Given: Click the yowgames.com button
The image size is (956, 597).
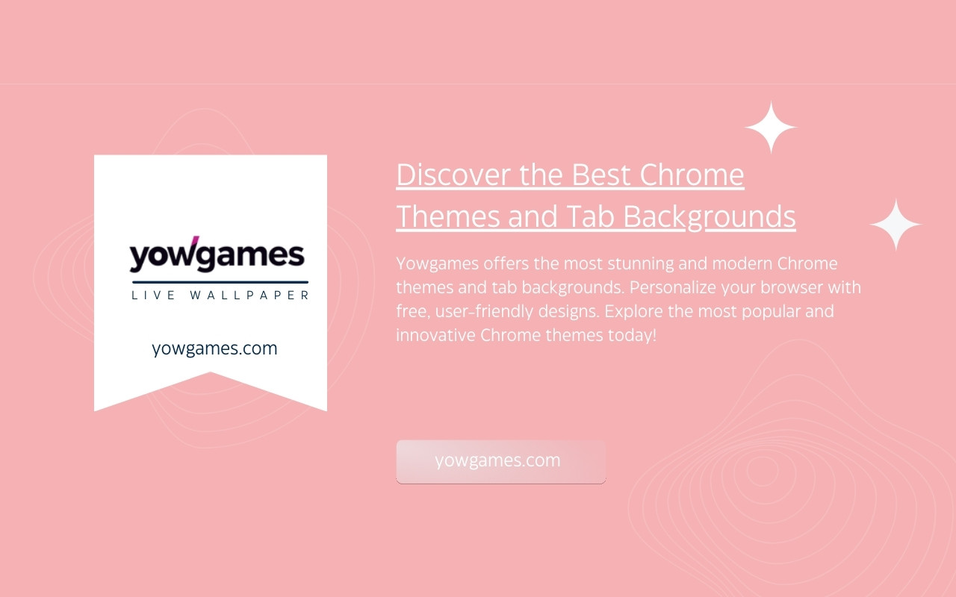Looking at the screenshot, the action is (x=501, y=462).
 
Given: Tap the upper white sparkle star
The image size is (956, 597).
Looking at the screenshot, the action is (x=771, y=127).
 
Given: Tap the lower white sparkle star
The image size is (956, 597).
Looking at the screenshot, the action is (x=896, y=225).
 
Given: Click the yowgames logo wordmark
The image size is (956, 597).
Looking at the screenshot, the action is (x=217, y=254).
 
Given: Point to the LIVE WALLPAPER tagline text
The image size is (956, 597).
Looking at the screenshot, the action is (x=220, y=295).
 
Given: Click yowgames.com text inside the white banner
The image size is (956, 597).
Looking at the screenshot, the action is (x=214, y=348).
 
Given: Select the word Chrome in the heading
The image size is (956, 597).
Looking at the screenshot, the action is (x=692, y=175).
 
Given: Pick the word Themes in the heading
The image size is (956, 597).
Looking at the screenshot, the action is (x=447, y=216).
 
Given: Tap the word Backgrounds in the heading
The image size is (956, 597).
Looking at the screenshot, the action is (x=710, y=217).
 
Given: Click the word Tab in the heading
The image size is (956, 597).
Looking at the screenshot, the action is (x=590, y=216).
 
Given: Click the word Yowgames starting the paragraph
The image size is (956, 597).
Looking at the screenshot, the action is (x=438, y=264).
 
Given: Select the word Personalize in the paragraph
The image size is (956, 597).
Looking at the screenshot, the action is (x=673, y=288).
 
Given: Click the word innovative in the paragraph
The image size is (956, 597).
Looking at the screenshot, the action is (x=435, y=335).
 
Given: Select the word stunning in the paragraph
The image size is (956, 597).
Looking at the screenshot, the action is (x=641, y=264).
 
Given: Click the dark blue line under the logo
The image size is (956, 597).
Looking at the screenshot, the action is (x=220, y=282).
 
